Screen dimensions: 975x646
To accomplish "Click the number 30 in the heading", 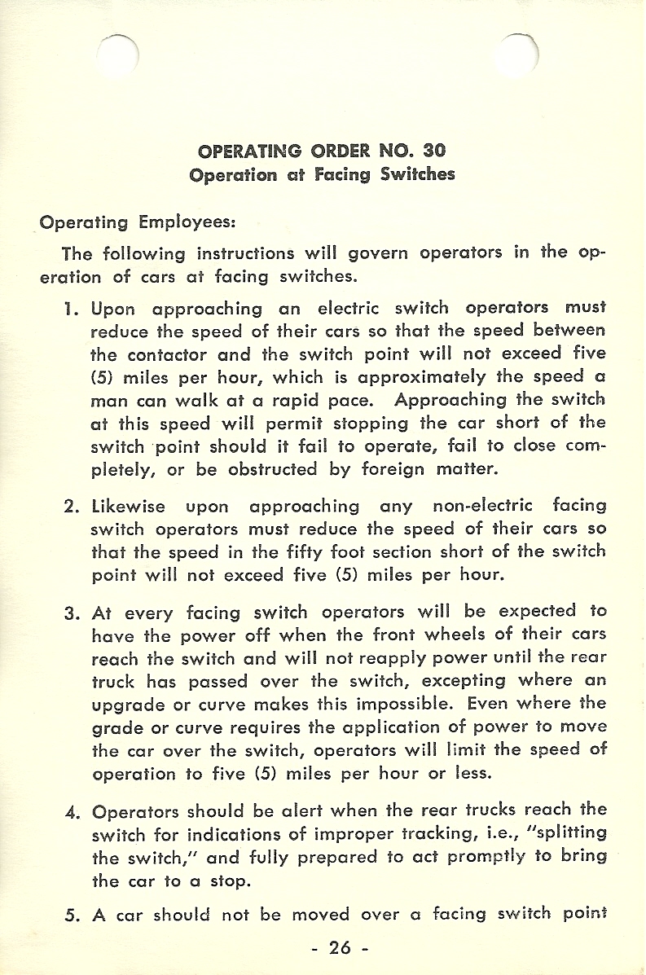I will coord(434,151).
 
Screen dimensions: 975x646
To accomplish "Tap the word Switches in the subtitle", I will coord(418,174).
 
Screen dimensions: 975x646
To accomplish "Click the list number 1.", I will coord(70,309).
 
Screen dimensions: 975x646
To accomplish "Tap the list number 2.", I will coord(70,507).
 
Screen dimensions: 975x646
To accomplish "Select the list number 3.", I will coord(70,613).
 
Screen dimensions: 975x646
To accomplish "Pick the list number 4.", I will coord(70,812).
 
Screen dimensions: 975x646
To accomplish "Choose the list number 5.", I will coord(70,915).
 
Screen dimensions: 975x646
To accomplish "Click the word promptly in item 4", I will coord(460,858).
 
